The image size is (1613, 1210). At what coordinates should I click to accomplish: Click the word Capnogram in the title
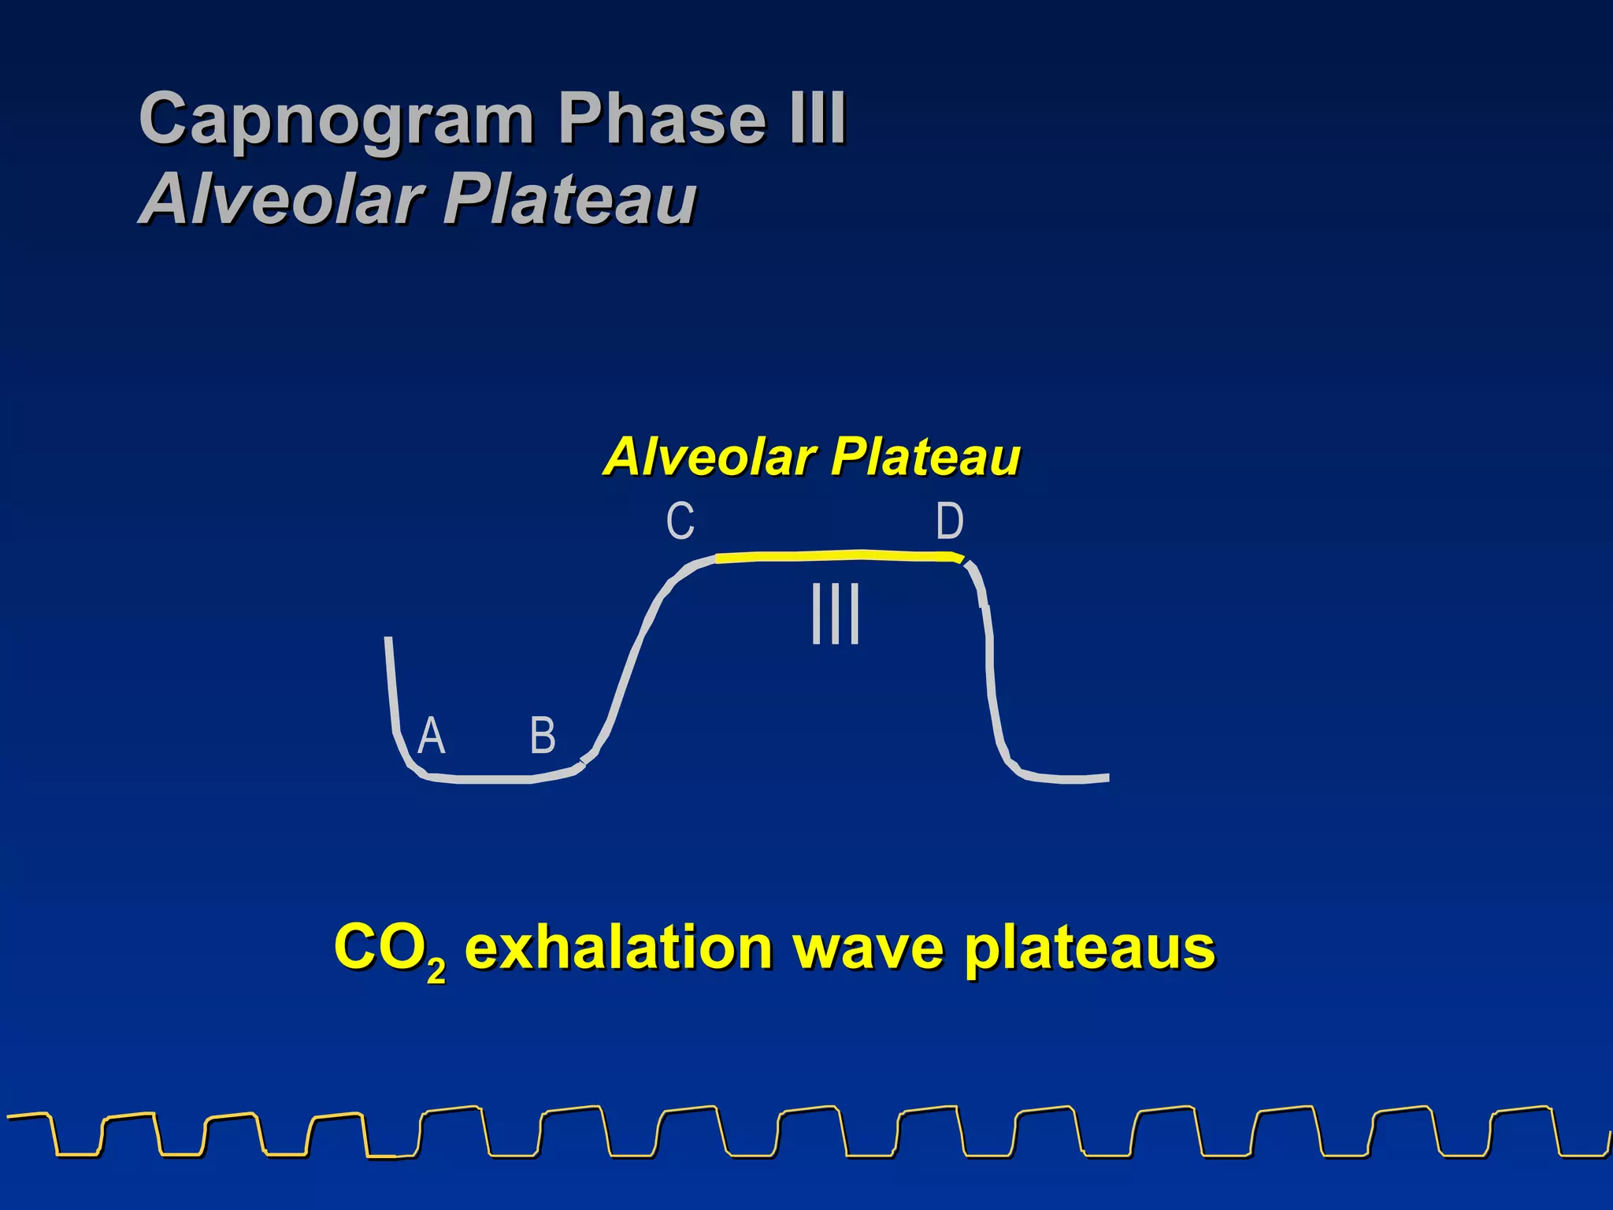[x=336, y=120]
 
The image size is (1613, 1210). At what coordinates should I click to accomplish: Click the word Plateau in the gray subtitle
[x=569, y=199]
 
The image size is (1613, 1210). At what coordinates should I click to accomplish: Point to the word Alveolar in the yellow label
[x=709, y=456]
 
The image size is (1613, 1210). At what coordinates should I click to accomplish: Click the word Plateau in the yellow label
[x=925, y=456]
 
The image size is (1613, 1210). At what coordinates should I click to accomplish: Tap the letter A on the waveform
[x=431, y=736]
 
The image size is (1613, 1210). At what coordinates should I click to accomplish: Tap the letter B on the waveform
[x=543, y=736]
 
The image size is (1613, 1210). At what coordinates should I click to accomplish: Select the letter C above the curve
[x=680, y=521]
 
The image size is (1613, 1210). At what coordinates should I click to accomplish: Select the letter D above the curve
[x=949, y=521]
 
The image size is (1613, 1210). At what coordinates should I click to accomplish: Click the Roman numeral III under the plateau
[x=835, y=614]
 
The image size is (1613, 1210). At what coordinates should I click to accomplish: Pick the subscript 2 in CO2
[x=436, y=971]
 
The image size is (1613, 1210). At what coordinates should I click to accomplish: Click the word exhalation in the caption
[x=618, y=947]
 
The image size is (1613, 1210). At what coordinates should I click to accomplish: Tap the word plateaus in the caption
[x=1089, y=948]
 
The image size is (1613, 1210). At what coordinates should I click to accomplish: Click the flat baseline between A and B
[x=488, y=780]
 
